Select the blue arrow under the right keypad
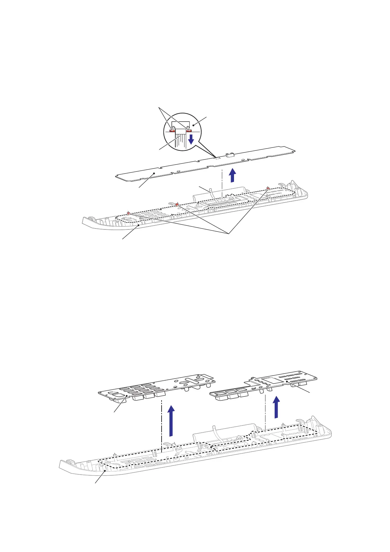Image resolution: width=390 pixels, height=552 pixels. click(277, 407)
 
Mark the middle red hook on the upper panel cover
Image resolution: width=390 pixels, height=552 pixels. click(177, 205)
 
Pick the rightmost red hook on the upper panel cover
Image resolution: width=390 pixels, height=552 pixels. click(268, 188)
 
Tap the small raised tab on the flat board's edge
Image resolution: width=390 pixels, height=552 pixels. click(230, 154)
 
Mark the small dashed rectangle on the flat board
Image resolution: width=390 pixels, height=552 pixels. click(216, 158)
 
